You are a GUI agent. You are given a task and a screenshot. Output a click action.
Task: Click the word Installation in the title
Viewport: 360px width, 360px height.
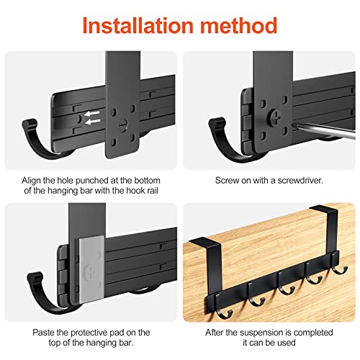click(x=138, y=25)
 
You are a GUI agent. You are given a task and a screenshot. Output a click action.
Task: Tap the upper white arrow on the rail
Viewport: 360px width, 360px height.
click(x=93, y=114)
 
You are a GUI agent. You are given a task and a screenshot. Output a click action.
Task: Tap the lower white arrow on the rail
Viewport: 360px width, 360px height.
click(x=93, y=122)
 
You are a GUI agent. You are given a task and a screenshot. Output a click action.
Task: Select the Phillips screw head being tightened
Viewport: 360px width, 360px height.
click(x=276, y=117)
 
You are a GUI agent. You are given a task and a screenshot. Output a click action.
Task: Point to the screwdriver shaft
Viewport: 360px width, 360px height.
click(x=324, y=132)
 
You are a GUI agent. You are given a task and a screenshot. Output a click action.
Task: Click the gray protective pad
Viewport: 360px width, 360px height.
click(x=91, y=269)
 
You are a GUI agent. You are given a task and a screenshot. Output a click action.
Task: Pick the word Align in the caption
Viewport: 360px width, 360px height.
click(x=31, y=181)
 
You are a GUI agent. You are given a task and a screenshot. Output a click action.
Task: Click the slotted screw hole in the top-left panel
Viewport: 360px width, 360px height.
click(x=123, y=125)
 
